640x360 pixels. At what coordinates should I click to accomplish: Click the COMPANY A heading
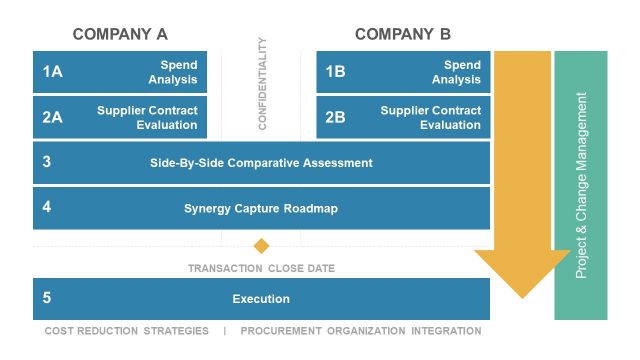click(x=120, y=34)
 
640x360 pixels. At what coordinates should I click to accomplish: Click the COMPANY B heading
click(x=403, y=34)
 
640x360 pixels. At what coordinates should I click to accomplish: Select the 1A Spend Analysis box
click(x=120, y=72)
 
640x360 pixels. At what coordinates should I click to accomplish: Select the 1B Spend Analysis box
click(x=404, y=72)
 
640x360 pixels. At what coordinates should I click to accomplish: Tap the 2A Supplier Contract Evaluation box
click(x=120, y=117)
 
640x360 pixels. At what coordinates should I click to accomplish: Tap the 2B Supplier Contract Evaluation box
click(x=404, y=117)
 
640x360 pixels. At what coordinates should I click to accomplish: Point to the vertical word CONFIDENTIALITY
click(x=262, y=84)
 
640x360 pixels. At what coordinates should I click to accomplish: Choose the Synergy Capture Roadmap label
click(x=261, y=209)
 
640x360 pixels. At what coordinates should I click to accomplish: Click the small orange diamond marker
click(x=262, y=246)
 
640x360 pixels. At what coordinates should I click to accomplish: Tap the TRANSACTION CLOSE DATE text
click(x=261, y=269)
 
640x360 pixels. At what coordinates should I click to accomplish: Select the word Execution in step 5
click(x=261, y=299)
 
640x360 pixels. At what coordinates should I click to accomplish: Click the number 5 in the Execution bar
click(x=47, y=298)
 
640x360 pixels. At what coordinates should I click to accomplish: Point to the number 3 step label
click(x=47, y=162)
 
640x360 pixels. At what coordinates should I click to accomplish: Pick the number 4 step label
click(x=47, y=208)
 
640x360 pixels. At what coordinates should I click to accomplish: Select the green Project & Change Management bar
click(x=581, y=185)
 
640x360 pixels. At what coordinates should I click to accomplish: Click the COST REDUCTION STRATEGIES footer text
click(x=127, y=331)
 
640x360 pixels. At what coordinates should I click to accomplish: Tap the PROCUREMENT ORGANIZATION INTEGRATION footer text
click(x=361, y=331)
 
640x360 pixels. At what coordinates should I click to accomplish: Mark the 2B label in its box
click(x=336, y=117)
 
